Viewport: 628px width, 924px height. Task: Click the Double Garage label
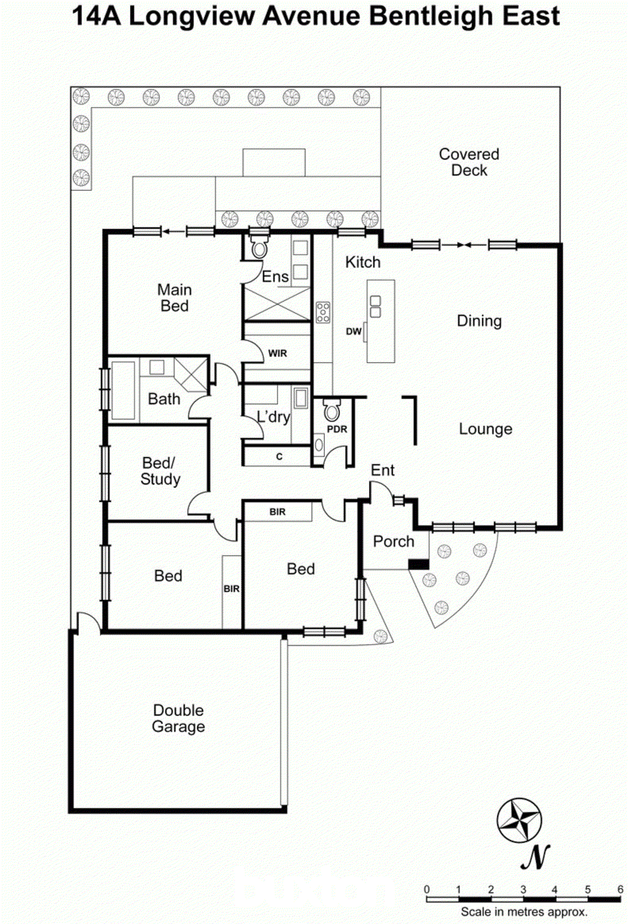pyautogui.click(x=178, y=718)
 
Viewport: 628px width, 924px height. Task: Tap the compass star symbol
pyautogui.click(x=519, y=820)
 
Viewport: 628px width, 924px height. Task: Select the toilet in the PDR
pyautogui.click(x=331, y=411)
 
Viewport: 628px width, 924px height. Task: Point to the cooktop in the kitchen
pyautogui.click(x=323, y=312)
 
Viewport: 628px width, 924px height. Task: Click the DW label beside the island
pyautogui.click(x=353, y=331)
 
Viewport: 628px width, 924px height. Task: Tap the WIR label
pyautogui.click(x=277, y=353)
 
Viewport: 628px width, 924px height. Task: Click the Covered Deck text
pyautogui.click(x=469, y=162)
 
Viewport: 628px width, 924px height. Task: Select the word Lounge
pyautogui.click(x=485, y=429)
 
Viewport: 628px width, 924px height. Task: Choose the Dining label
pyautogui.click(x=479, y=321)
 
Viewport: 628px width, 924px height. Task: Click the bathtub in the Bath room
pyautogui.click(x=123, y=390)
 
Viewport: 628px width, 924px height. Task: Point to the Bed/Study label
pyautogui.click(x=160, y=471)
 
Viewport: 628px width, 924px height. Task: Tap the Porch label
pyautogui.click(x=394, y=542)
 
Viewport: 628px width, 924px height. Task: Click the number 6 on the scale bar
pyautogui.click(x=620, y=889)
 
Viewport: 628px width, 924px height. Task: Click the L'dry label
pyautogui.click(x=273, y=417)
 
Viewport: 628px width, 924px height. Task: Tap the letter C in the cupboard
pyautogui.click(x=279, y=457)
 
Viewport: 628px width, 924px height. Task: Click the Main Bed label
pyautogui.click(x=174, y=298)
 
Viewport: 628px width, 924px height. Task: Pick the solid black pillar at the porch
pyautogui.click(x=418, y=564)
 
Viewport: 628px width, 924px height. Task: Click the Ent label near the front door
pyautogui.click(x=383, y=471)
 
